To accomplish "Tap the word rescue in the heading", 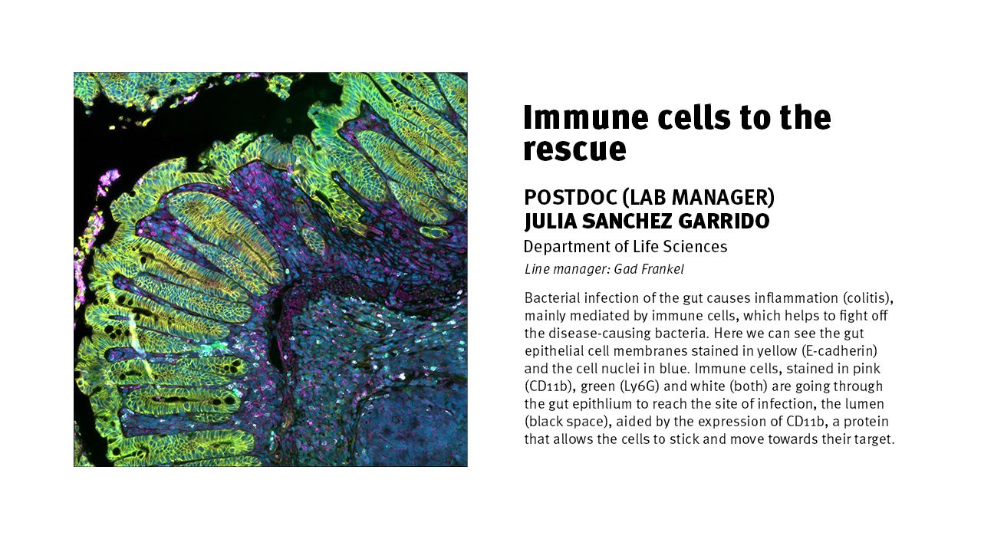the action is pyautogui.click(x=574, y=149).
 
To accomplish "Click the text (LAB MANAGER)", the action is pyautogui.click(x=699, y=198).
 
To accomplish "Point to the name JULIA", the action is pyautogui.click(x=550, y=222).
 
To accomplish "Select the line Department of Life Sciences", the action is pyautogui.click(x=625, y=247).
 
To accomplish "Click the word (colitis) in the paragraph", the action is pyautogui.click(x=868, y=298).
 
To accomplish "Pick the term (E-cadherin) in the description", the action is pyautogui.click(x=839, y=351).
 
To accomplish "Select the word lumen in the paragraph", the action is pyautogui.click(x=864, y=404).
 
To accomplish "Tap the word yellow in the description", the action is pyautogui.click(x=776, y=351).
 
